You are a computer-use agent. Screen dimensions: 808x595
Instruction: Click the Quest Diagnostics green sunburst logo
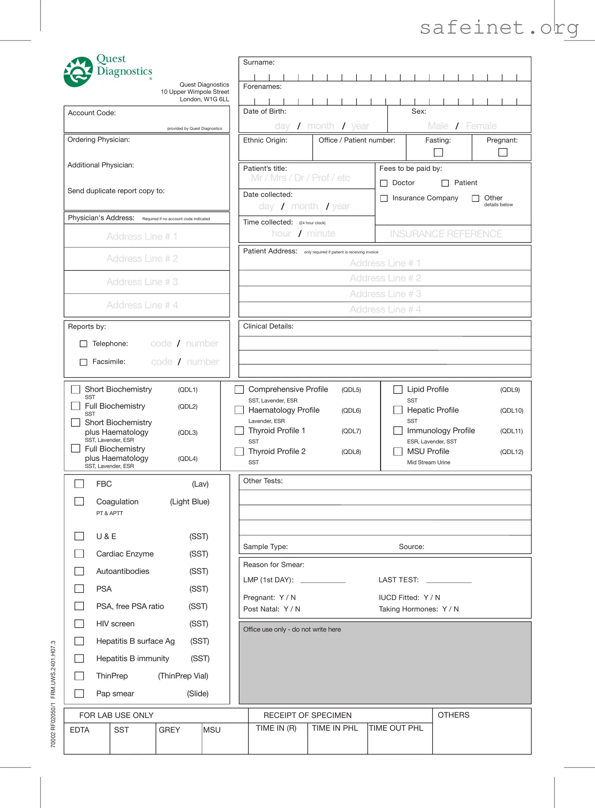click(x=78, y=72)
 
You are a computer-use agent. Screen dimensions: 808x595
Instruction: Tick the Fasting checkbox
click(x=438, y=152)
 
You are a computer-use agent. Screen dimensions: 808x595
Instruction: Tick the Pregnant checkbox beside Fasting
click(x=502, y=152)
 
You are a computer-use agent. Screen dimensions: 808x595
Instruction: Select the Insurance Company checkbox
click(x=384, y=198)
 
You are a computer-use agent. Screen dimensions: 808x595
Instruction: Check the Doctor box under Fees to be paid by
click(x=384, y=183)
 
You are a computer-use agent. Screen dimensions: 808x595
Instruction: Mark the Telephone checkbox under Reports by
click(x=84, y=344)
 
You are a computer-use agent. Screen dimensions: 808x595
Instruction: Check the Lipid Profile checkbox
click(x=398, y=389)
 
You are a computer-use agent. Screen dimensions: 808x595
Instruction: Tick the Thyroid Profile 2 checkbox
click(x=239, y=451)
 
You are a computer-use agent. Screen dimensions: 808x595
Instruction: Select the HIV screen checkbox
click(x=79, y=623)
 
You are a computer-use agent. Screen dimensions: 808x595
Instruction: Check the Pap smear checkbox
click(x=79, y=693)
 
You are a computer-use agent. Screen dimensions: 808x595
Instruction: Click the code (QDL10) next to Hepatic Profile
click(x=511, y=411)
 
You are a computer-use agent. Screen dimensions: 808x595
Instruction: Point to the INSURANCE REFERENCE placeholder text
click(x=446, y=234)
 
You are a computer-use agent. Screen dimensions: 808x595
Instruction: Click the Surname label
click(x=259, y=62)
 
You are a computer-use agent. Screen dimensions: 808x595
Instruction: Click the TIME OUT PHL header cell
click(x=396, y=728)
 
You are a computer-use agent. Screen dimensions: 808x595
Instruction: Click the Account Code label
click(x=92, y=113)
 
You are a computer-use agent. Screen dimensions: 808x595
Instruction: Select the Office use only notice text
click(x=292, y=629)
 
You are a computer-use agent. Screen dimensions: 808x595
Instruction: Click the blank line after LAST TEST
click(x=449, y=580)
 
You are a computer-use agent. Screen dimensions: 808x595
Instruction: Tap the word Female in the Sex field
click(x=481, y=126)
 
